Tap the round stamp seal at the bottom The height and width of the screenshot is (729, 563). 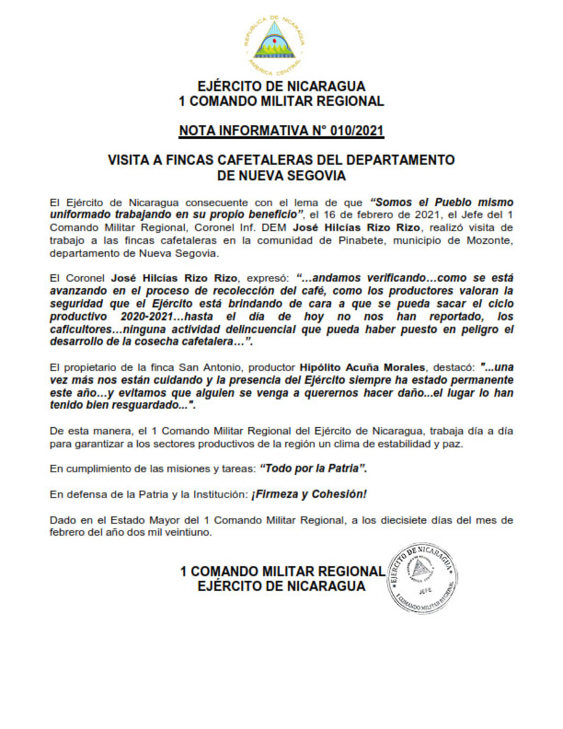pos(423,577)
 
